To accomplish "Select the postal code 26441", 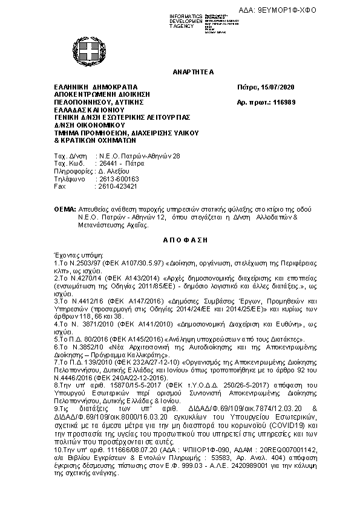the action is click(x=110, y=163).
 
